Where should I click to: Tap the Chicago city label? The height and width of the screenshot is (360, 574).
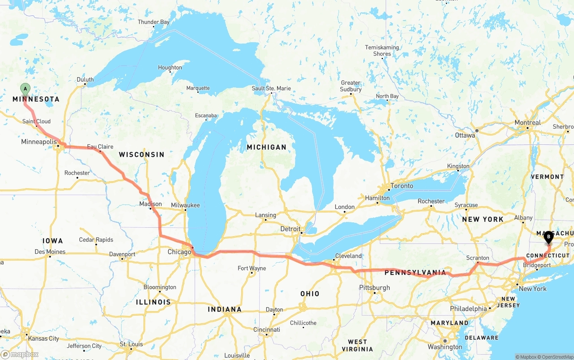[x=179, y=252]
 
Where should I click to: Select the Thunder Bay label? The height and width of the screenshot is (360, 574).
[x=153, y=22]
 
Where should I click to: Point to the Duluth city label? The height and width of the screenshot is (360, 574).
[x=85, y=80]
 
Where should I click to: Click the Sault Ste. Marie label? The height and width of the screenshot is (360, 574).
[x=271, y=88]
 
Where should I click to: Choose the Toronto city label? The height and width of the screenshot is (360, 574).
[x=401, y=186]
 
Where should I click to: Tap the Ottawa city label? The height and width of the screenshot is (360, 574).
[x=465, y=135]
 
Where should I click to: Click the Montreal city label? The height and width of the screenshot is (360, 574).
[x=527, y=123]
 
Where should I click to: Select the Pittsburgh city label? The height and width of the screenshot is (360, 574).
[x=374, y=287]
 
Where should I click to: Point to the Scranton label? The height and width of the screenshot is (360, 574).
[x=478, y=258]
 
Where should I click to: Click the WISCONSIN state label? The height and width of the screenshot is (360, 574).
[x=141, y=154]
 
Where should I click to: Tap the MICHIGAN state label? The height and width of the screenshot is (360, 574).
[x=266, y=147]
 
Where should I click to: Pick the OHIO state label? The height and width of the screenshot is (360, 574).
[x=310, y=294]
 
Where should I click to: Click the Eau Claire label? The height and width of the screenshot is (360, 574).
[x=100, y=147]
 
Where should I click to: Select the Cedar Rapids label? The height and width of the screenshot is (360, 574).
[x=96, y=239]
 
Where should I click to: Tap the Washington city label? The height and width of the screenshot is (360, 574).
[x=445, y=347]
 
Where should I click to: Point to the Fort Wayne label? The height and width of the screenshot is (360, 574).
[x=252, y=268]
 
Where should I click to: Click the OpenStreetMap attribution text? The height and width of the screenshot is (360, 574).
[x=556, y=357]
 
